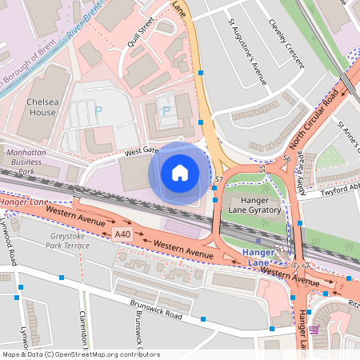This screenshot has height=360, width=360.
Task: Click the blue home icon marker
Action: [x=180, y=172]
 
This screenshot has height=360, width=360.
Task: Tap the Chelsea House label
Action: [x=41, y=107]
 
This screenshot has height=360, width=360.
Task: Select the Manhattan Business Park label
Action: [x=27, y=161]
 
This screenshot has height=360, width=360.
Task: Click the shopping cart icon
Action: [x=314, y=330]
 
